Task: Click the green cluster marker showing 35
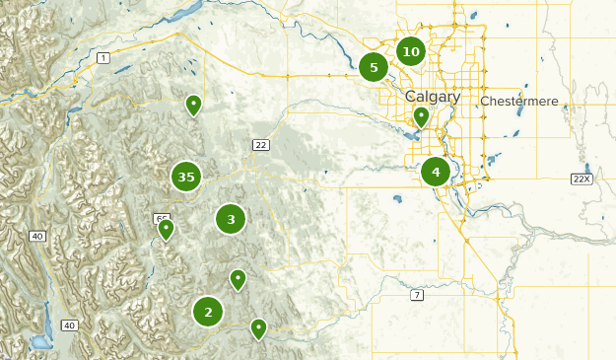(x=185, y=178)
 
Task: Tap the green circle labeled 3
(x=231, y=219)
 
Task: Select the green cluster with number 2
(x=208, y=313)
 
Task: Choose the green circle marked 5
(x=374, y=68)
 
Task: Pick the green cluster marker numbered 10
(x=411, y=51)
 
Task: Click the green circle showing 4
(x=436, y=173)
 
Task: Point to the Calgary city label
(x=432, y=97)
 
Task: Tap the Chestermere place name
(x=519, y=102)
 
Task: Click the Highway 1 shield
(x=103, y=59)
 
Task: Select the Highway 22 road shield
(x=260, y=145)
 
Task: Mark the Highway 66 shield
(x=161, y=218)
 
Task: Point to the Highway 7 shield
(x=418, y=295)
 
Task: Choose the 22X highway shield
(x=581, y=179)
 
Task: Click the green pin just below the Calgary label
(x=421, y=116)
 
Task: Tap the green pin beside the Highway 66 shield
(x=167, y=229)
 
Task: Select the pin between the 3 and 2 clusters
(x=238, y=279)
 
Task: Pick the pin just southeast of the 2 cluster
(x=258, y=327)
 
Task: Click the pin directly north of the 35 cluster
(x=194, y=104)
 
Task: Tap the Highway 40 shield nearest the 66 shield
(x=37, y=237)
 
